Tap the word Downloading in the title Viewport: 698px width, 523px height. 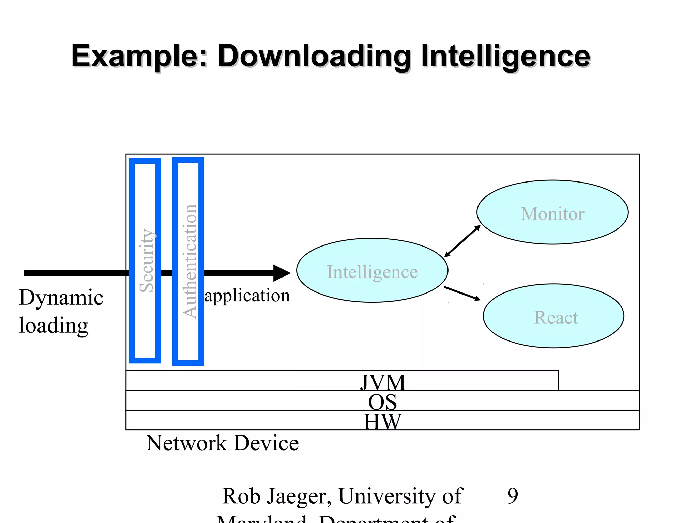tap(314, 56)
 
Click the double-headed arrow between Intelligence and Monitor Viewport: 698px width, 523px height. tap(462, 241)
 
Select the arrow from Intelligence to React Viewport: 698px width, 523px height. tap(462, 294)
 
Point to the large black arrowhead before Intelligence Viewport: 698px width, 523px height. tap(282, 273)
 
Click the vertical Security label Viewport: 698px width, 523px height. tap(147, 260)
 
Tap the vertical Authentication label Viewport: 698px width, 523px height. tap(190, 261)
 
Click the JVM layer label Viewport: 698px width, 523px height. tap(383, 382)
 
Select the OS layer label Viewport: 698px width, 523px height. tap(382, 402)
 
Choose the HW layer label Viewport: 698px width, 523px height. tap(382, 422)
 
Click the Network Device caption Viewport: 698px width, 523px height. tap(222, 443)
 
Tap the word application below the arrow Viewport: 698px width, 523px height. tap(247, 295)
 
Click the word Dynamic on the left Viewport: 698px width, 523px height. tap(61, 298)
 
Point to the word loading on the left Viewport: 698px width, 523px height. tap(54, 326)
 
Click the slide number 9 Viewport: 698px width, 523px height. tap(513, 495)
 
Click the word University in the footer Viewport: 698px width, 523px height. tap(386, 495)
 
